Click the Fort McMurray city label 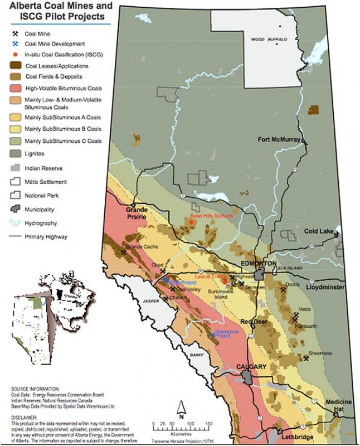click(279, 139)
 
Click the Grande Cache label click(143, 246)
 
